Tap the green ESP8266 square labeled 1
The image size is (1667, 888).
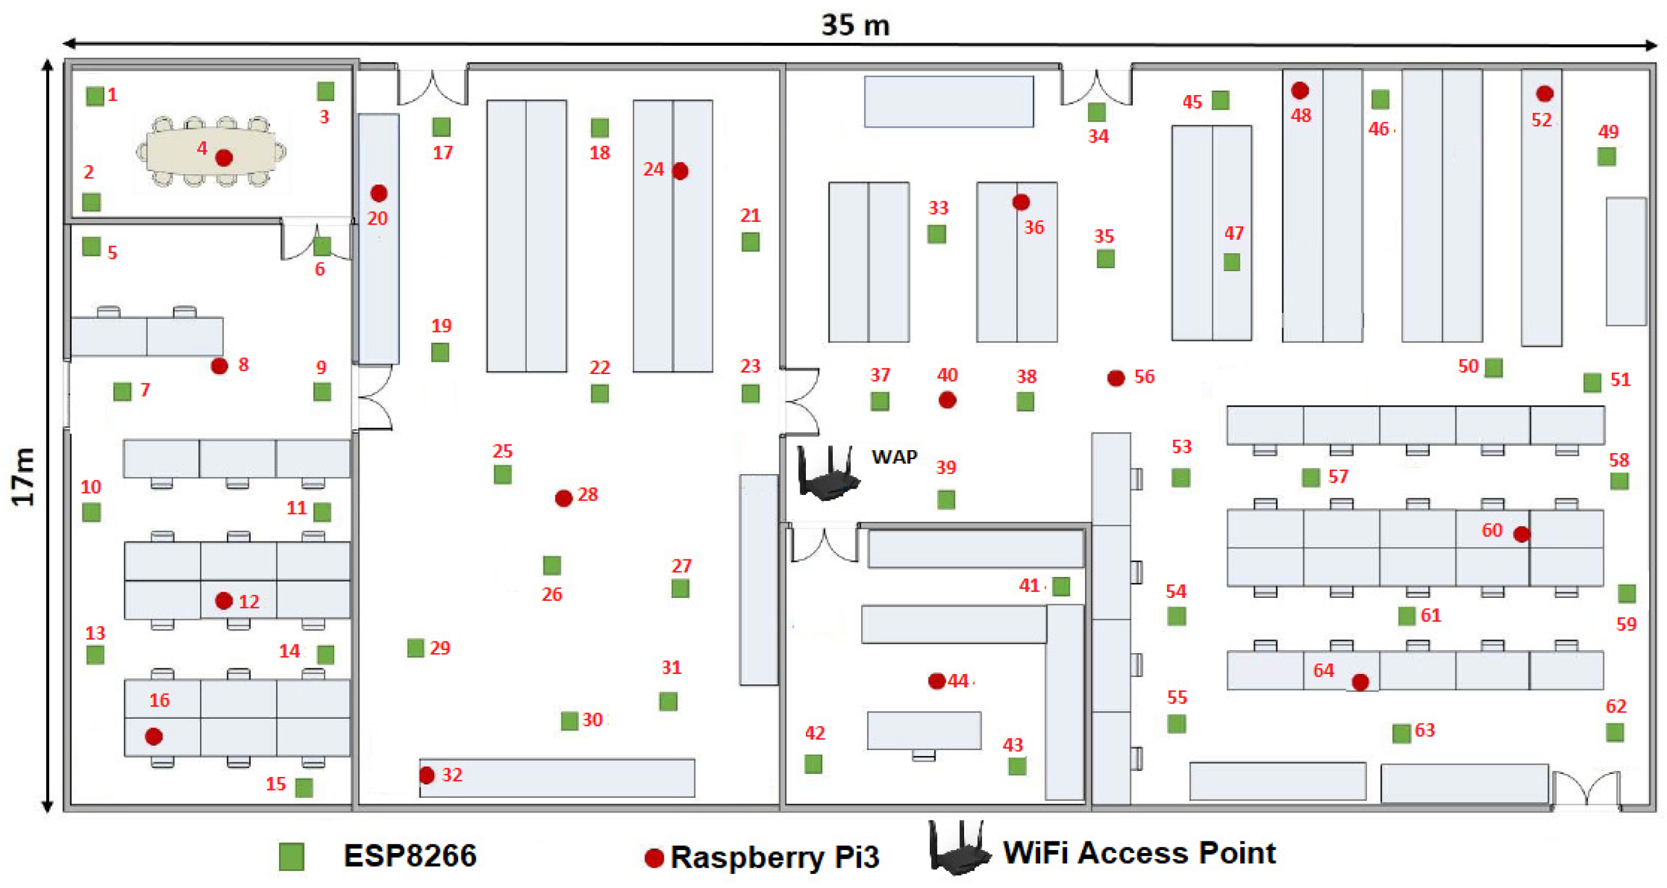(95, 96)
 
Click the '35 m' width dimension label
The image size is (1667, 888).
(855, 25)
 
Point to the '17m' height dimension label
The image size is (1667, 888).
(23, 477)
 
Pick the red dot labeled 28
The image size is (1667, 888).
(564, 498)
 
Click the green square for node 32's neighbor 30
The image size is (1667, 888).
(570, 721)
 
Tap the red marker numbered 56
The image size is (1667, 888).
(1116, 378)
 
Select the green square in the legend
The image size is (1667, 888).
(291, 856)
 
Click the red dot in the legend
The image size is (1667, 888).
(654, 857)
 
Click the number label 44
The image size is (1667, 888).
(958, 681)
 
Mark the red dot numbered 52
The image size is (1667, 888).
(1545, 94)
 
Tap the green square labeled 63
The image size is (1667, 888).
(1401, 733)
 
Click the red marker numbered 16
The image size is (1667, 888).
(153, 736)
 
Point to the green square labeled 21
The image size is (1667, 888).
(750, 242)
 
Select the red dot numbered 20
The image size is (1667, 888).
(378, 193)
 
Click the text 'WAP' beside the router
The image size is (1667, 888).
(894, 456)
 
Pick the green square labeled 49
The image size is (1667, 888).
(1606, 156)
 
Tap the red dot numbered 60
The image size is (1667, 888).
(1522, 534)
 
